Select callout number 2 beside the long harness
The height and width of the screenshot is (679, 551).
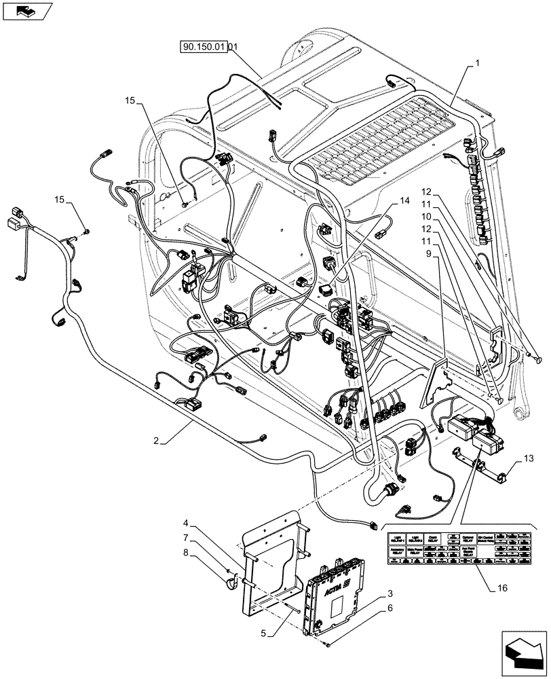(156, 441)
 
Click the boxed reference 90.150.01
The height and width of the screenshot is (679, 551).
(203, 48)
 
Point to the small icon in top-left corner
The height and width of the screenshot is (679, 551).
(25, 10)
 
